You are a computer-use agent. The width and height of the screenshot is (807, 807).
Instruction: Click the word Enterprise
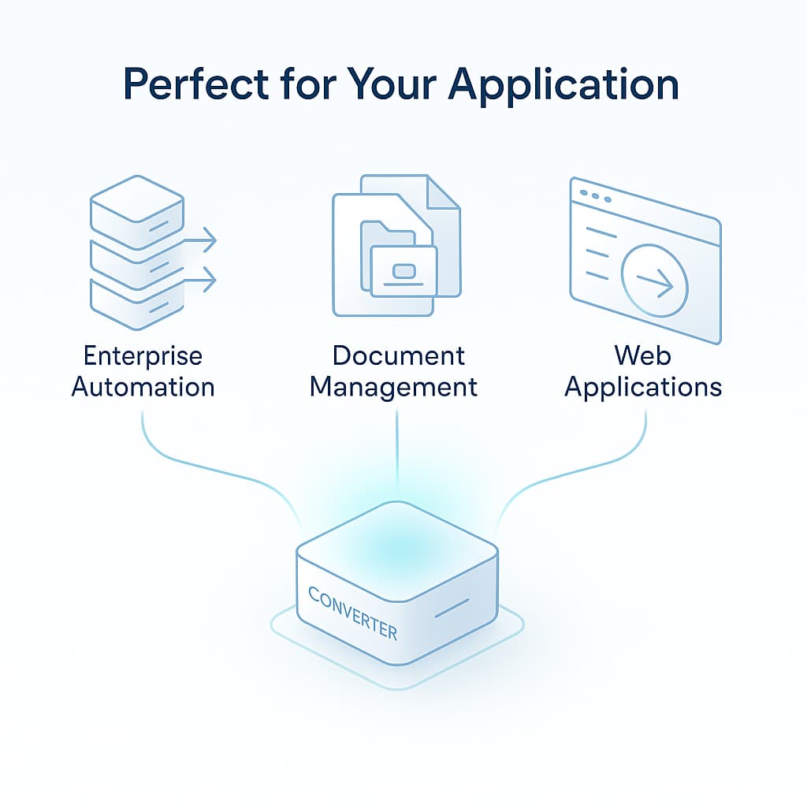click(x=143, y=356)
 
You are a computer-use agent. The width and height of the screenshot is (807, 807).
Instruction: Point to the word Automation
click(x=143, y=387)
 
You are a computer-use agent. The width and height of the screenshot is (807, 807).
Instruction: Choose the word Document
click(x=398, y=356)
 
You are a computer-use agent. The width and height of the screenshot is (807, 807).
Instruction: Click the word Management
click(x=393, y=387)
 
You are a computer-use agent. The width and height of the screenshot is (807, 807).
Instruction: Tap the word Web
click(x=643, y=355)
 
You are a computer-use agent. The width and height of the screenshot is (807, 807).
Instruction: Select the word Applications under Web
click(x=643, y=387)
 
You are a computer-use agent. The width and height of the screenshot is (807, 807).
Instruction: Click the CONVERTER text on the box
click(x=352, y=613)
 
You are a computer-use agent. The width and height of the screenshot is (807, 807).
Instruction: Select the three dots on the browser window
click(x=596, y=195)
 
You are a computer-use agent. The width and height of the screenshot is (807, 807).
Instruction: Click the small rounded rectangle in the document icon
click(x=404, y=271)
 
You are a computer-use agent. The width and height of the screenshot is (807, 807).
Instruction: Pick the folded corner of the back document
click(x=442, y=194)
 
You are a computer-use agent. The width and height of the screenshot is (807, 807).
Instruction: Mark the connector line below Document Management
click(x=397, y=449)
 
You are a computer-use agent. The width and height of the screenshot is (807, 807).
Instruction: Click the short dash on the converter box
click(x=452, y=607)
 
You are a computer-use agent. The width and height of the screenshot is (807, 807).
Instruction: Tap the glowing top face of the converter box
click(x=397, y=544)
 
